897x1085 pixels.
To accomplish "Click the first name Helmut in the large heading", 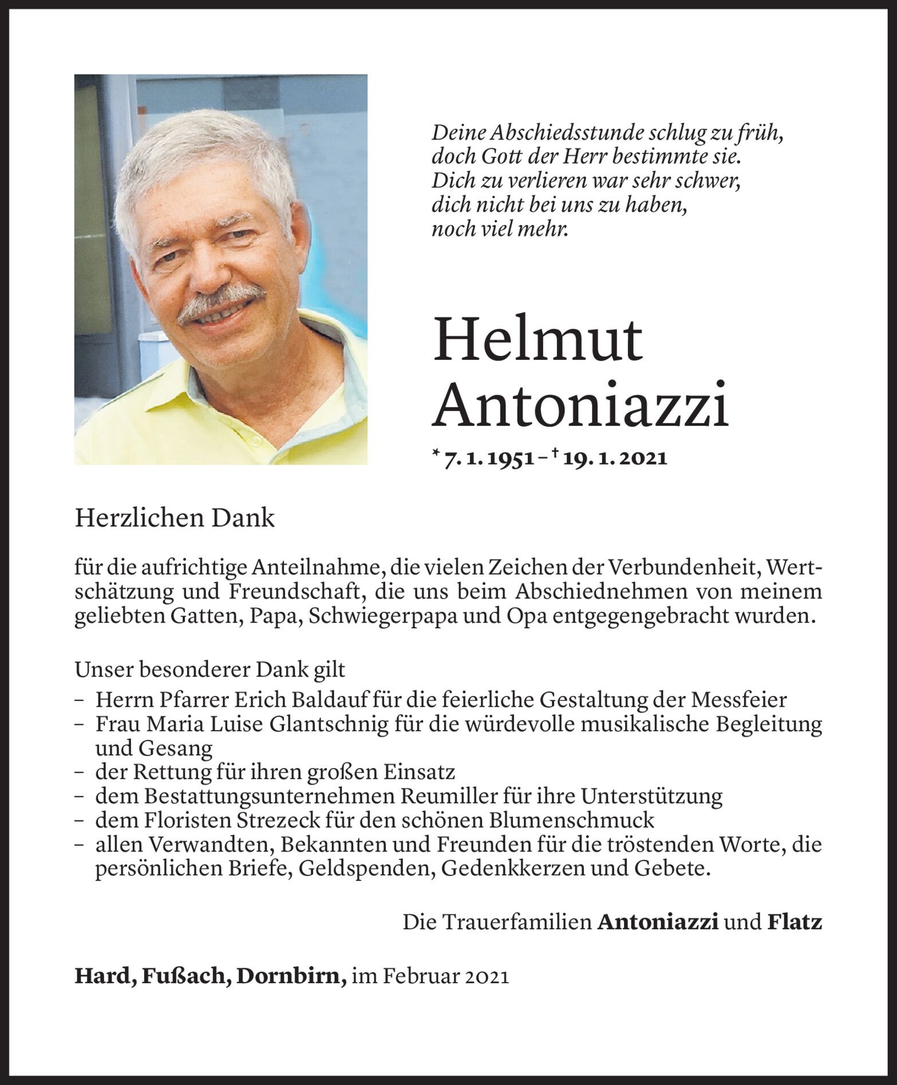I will [x=538, y=342].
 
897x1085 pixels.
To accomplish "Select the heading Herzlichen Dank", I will [x=175, y=518].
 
